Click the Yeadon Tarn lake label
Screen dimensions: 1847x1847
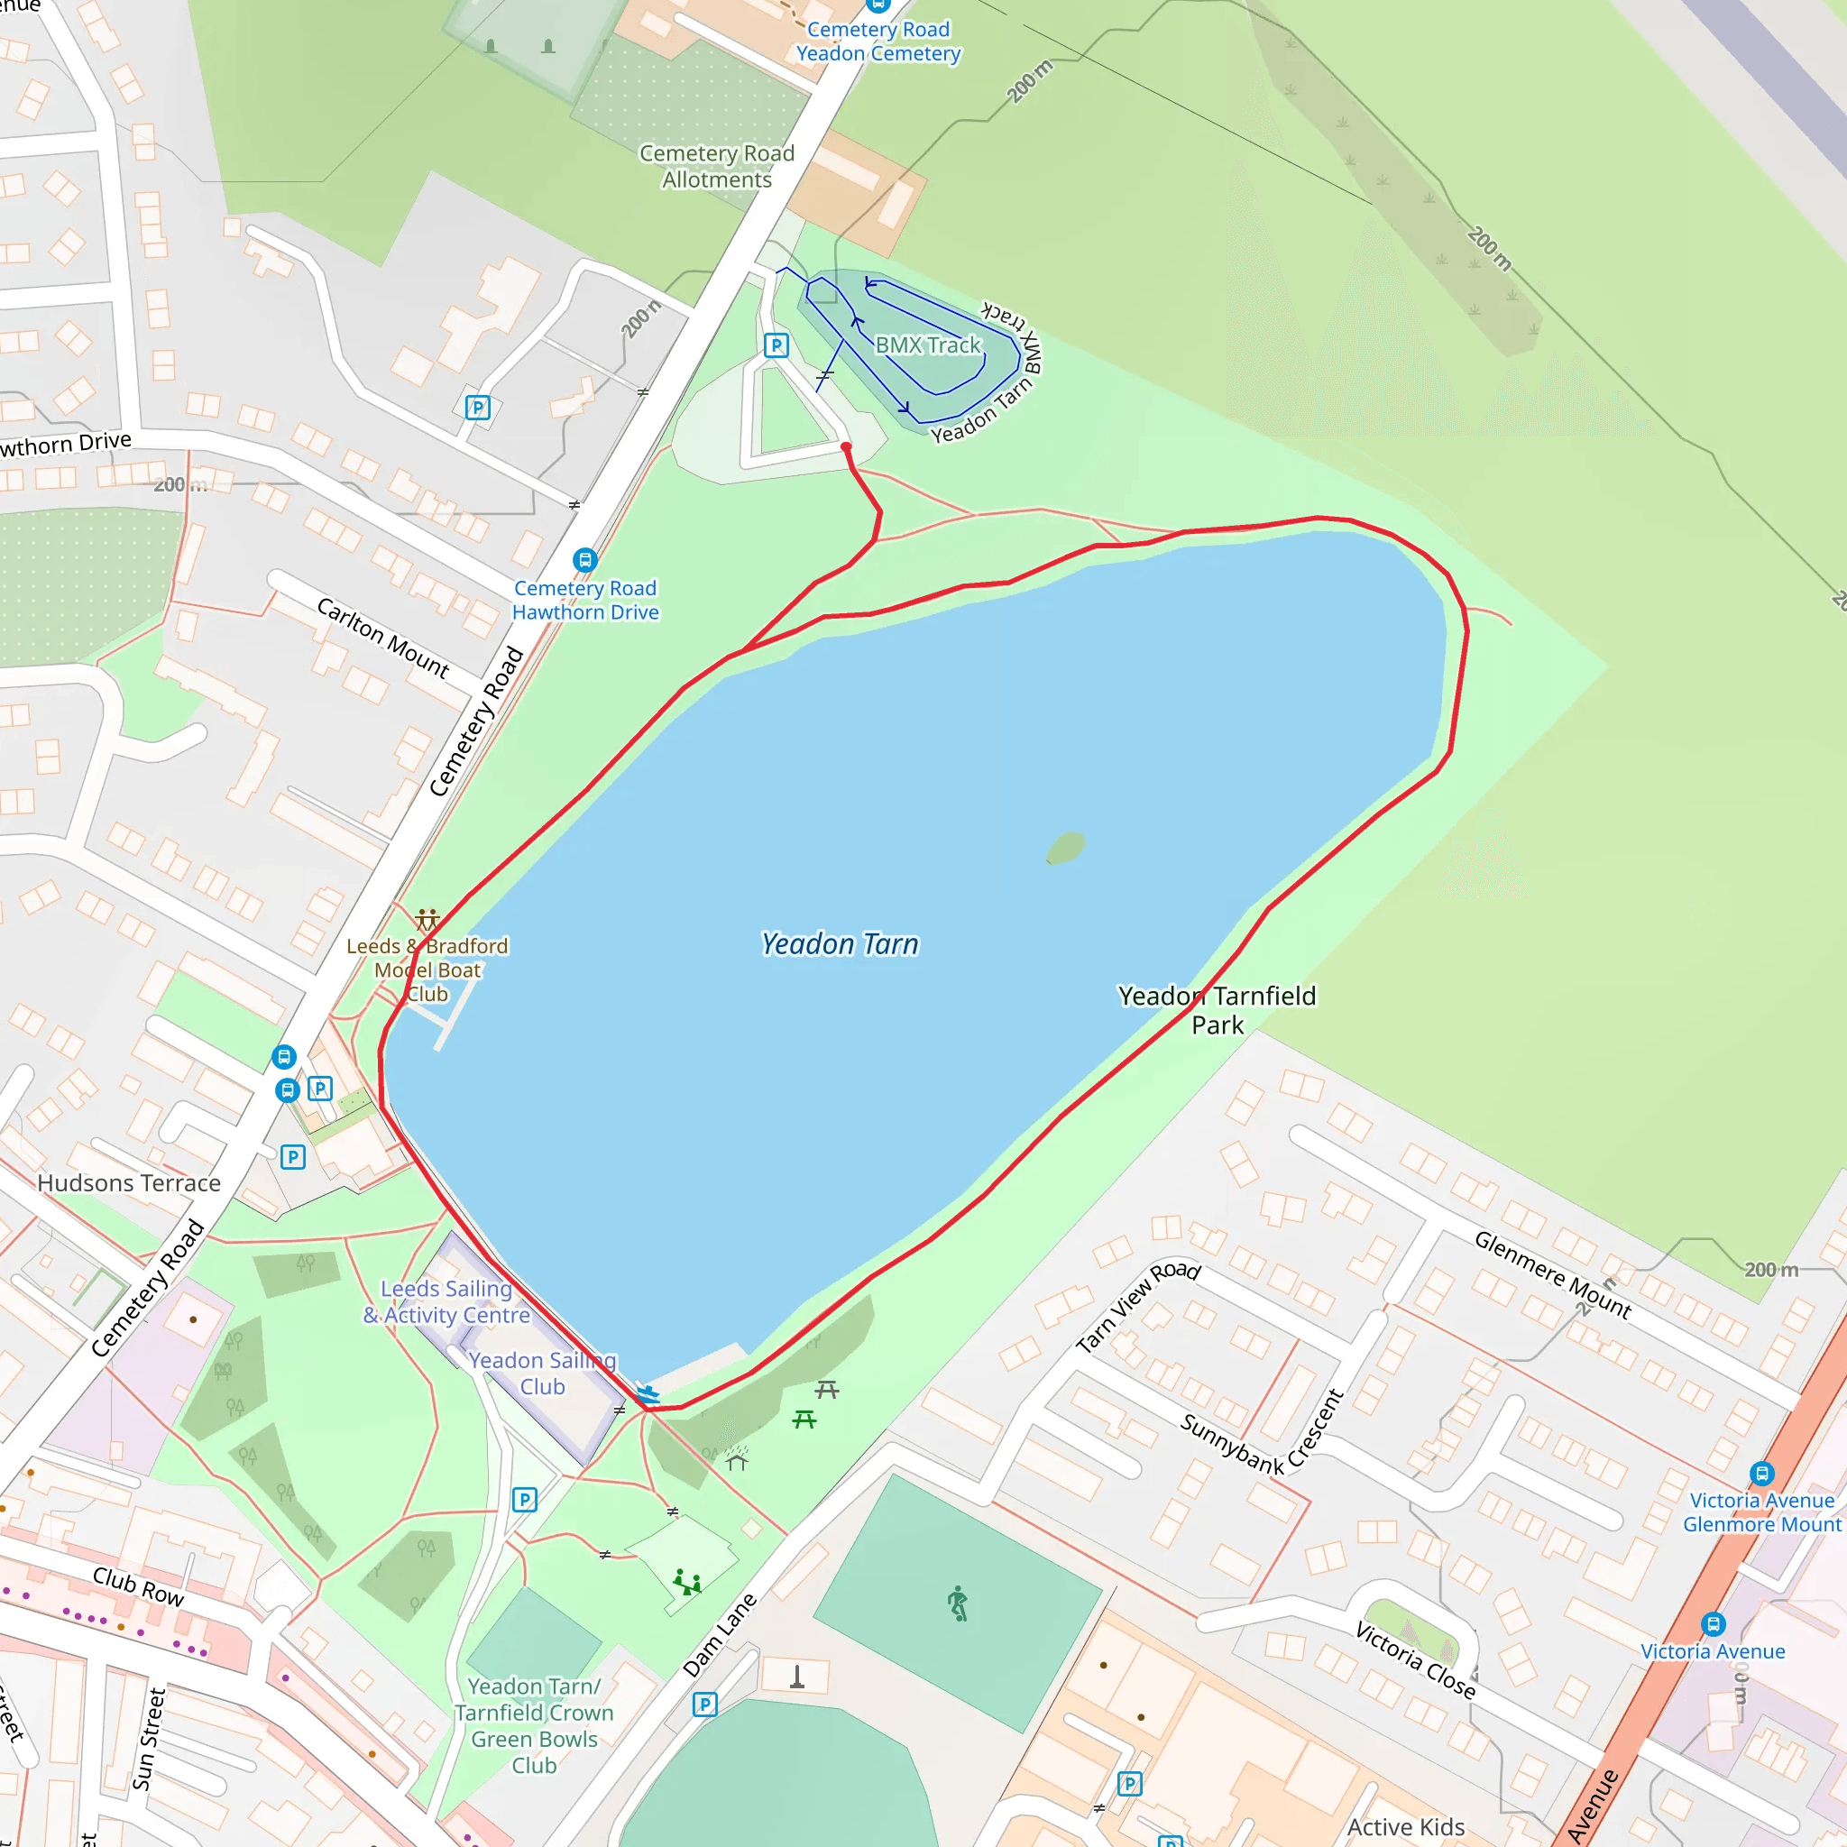click(x=840, y=943)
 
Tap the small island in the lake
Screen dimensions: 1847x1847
click(x=1065, y=847)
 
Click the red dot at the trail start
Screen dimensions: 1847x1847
click(x=846, y=446)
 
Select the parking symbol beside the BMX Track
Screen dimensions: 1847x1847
click(x=776, y=345)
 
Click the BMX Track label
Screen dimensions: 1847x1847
click(x=927, y=345)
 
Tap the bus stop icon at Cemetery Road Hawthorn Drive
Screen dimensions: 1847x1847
click(x=585, y=559)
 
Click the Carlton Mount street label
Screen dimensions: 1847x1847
click(x=382, y=638)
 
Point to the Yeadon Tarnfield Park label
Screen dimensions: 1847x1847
click(x=1217, y=1009)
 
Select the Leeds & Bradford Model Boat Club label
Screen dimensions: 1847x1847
click(x=427, y=969)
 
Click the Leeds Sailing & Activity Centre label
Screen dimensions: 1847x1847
click(x=446, y=1301)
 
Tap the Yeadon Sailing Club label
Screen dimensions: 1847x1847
click(x=542, y=1373)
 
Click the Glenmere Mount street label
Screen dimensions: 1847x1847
click(x=1553, y=1274)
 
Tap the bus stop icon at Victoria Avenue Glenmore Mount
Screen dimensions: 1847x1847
click(x=1762, y=1474)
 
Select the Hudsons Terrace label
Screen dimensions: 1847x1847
click(x=129, y=1182)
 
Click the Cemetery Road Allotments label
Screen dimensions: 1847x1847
click(x=717, y=166)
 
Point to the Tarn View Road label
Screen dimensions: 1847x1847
click(x=1137, y=1305)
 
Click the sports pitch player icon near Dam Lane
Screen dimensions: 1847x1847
click(x=958, y=1603)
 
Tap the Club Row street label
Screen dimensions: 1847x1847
click(x=139, y=1586)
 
